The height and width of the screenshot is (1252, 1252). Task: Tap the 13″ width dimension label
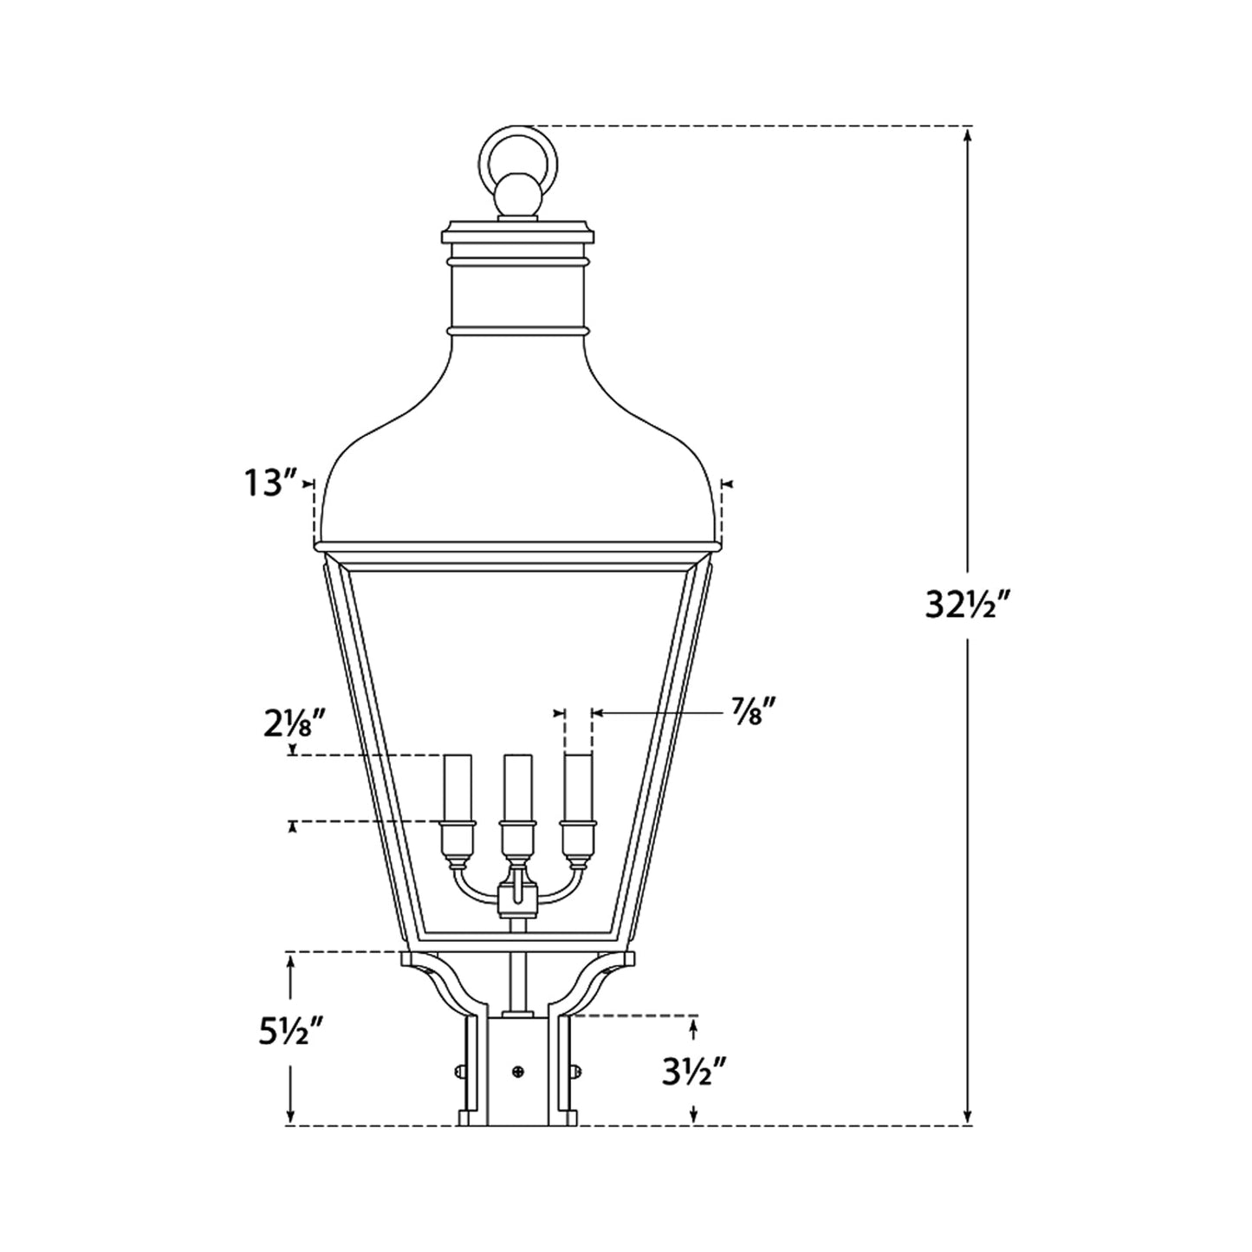(x=269, y=483)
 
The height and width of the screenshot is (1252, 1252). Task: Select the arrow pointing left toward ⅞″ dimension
(x=598, y=713)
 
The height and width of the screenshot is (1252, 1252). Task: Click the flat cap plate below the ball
(x=518, y=233)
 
